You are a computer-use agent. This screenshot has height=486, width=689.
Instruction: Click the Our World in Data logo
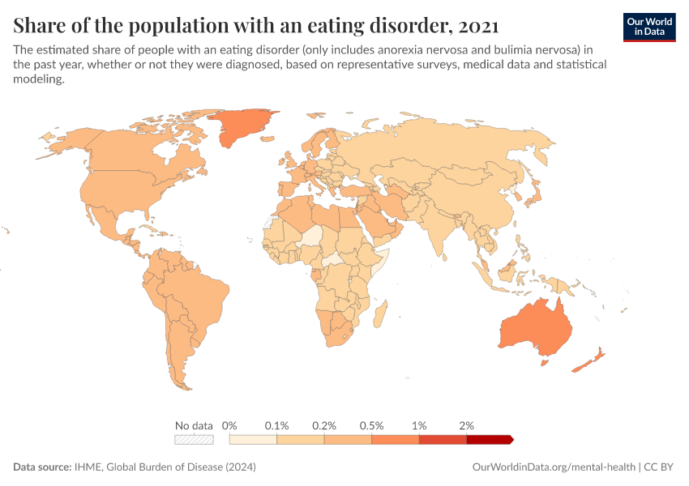pyautogui.click(x=648, y=27)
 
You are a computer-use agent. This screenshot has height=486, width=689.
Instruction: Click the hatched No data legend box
pyautogui.click(x=195, y=440)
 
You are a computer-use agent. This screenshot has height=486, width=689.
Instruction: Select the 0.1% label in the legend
pyautogui.click(x=276, y=425)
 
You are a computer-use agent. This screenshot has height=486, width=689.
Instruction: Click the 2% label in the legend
pyautogui.click(x=466, y=425)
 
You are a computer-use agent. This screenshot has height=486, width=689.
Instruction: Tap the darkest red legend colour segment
pyautogui.click(x=489, y=440)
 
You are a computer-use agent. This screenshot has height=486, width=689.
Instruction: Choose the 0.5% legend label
pyautogui.click(x=371, y=425)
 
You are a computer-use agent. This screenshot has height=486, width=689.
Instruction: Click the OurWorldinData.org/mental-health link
pyautogui.click(x=554, y=467)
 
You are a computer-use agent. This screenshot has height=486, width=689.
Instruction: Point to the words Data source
pyautogui.click(x=41, y=467)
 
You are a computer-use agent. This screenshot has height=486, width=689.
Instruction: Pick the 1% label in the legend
pyautogui.click(x=419, y=425)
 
